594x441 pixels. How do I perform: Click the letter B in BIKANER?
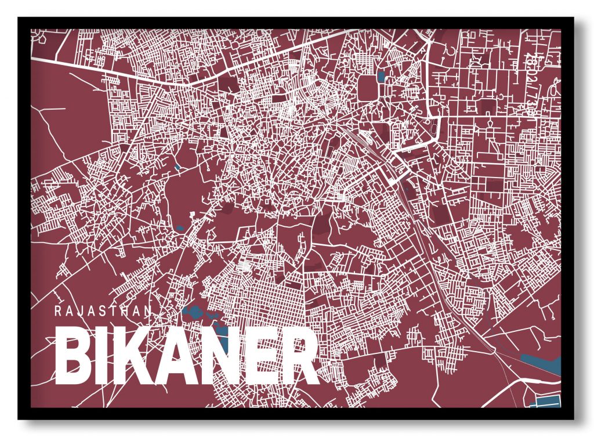(x=73, y=356)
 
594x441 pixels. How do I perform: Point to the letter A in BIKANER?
(x=168, y=356)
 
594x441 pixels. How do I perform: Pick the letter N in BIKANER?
(x=209, y=356)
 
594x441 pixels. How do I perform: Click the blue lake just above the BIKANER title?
(x=194, y=314)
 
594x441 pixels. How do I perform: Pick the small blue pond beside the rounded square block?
(x=381, y=76)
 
